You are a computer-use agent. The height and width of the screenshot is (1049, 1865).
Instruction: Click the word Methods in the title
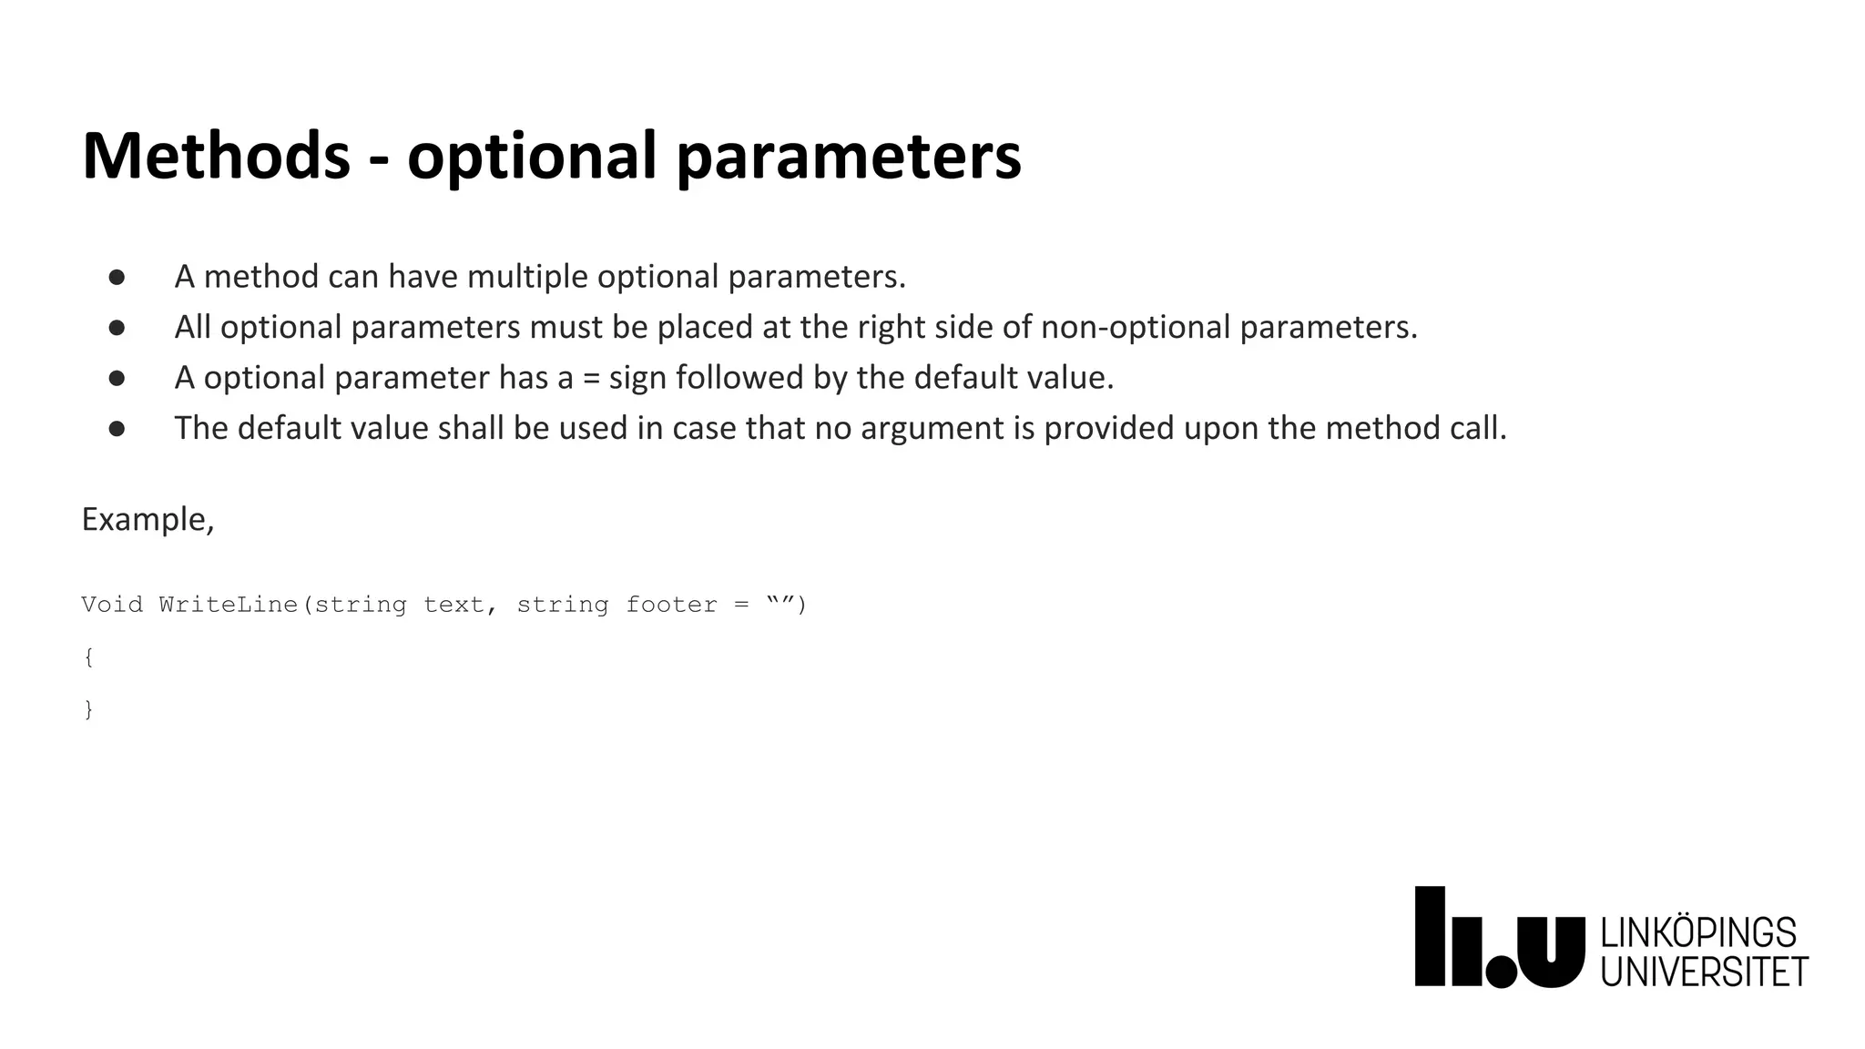[x=216, y=156]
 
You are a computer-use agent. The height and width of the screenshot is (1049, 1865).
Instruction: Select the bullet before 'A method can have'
[x=117, y=277]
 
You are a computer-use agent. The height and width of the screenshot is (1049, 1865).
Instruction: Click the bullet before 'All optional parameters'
[x=117, y=328]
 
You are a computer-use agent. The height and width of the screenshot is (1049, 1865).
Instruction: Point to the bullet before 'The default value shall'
[x=117, y=429]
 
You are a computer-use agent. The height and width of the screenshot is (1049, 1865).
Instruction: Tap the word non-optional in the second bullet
[x=1136, y=327]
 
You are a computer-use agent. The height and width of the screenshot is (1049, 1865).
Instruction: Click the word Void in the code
[x=112, y=605]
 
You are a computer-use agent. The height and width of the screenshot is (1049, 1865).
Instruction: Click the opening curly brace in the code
[x=88, y=657]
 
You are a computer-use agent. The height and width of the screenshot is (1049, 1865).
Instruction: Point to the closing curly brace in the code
[x=88, y=709]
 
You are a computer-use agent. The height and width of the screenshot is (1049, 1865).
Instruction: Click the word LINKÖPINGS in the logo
[x=1697, y=933]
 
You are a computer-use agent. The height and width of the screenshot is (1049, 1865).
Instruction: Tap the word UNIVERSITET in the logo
[x=1704, y=972]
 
